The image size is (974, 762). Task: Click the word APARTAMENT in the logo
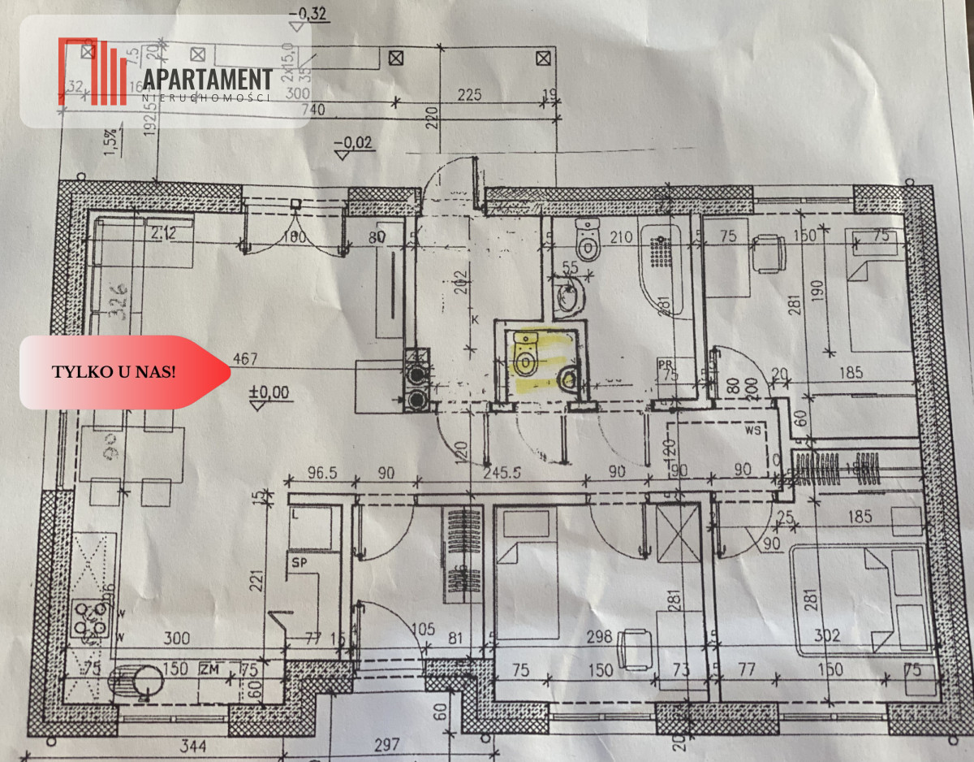(x=208, y=80)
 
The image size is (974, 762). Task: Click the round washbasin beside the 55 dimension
(x=569, y=298)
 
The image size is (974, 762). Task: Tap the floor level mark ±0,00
(x=269, y=392)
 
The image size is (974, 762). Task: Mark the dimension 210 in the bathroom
(x=619, y=238)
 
